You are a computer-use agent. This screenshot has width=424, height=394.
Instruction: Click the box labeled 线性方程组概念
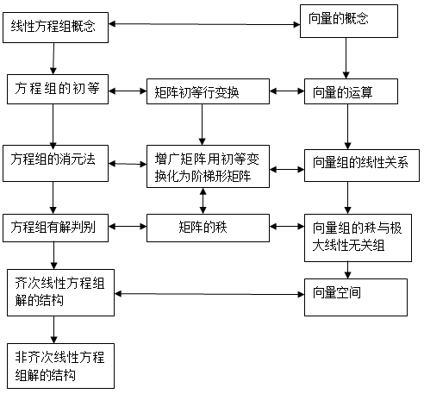click(x=55, y=28)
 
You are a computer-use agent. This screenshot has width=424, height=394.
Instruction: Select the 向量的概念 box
click(x=349, y=21)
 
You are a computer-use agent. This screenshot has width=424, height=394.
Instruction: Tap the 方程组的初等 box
click(x=58, y=89)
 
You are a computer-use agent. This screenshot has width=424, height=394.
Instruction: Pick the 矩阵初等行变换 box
click(x=208, y=91)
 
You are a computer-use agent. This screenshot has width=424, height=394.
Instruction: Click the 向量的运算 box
click(x=351, y=91)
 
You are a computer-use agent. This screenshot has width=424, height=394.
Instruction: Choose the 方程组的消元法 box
click(x=55, y=163)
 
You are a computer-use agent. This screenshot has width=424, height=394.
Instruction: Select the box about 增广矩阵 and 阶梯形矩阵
click(x=208, y=166)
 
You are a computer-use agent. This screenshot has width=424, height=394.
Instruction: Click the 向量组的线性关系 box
click(x=362, y=166)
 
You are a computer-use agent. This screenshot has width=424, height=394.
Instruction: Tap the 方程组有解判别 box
click(x=55, y=228)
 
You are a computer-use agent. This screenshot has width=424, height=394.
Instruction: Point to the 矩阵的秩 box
click(x=208, y=228)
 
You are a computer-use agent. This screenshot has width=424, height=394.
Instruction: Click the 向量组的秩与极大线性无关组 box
click(x=358, y=238)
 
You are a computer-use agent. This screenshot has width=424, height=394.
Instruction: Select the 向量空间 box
click(x=356, y=297)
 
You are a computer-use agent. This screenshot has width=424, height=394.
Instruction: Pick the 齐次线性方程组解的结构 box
click(x=60, y=292)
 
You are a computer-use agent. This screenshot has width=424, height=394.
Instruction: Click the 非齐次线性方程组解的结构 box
click(x=60, y=366)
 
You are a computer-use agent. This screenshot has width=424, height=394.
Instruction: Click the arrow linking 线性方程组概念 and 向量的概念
click(x=204, y=24)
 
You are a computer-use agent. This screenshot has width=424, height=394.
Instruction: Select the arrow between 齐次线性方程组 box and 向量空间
click(x=209, y=294)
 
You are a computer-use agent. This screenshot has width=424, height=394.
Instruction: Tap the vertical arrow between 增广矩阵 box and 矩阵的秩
click(x=203, y=201)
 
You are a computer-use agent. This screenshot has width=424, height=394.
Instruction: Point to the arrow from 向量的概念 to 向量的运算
click(x=346, y=58)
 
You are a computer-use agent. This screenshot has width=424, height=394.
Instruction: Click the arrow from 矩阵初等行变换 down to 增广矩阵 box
click(x=202, y=124)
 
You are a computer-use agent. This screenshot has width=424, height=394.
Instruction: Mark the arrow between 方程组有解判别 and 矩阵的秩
click(x=128, y=227)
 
